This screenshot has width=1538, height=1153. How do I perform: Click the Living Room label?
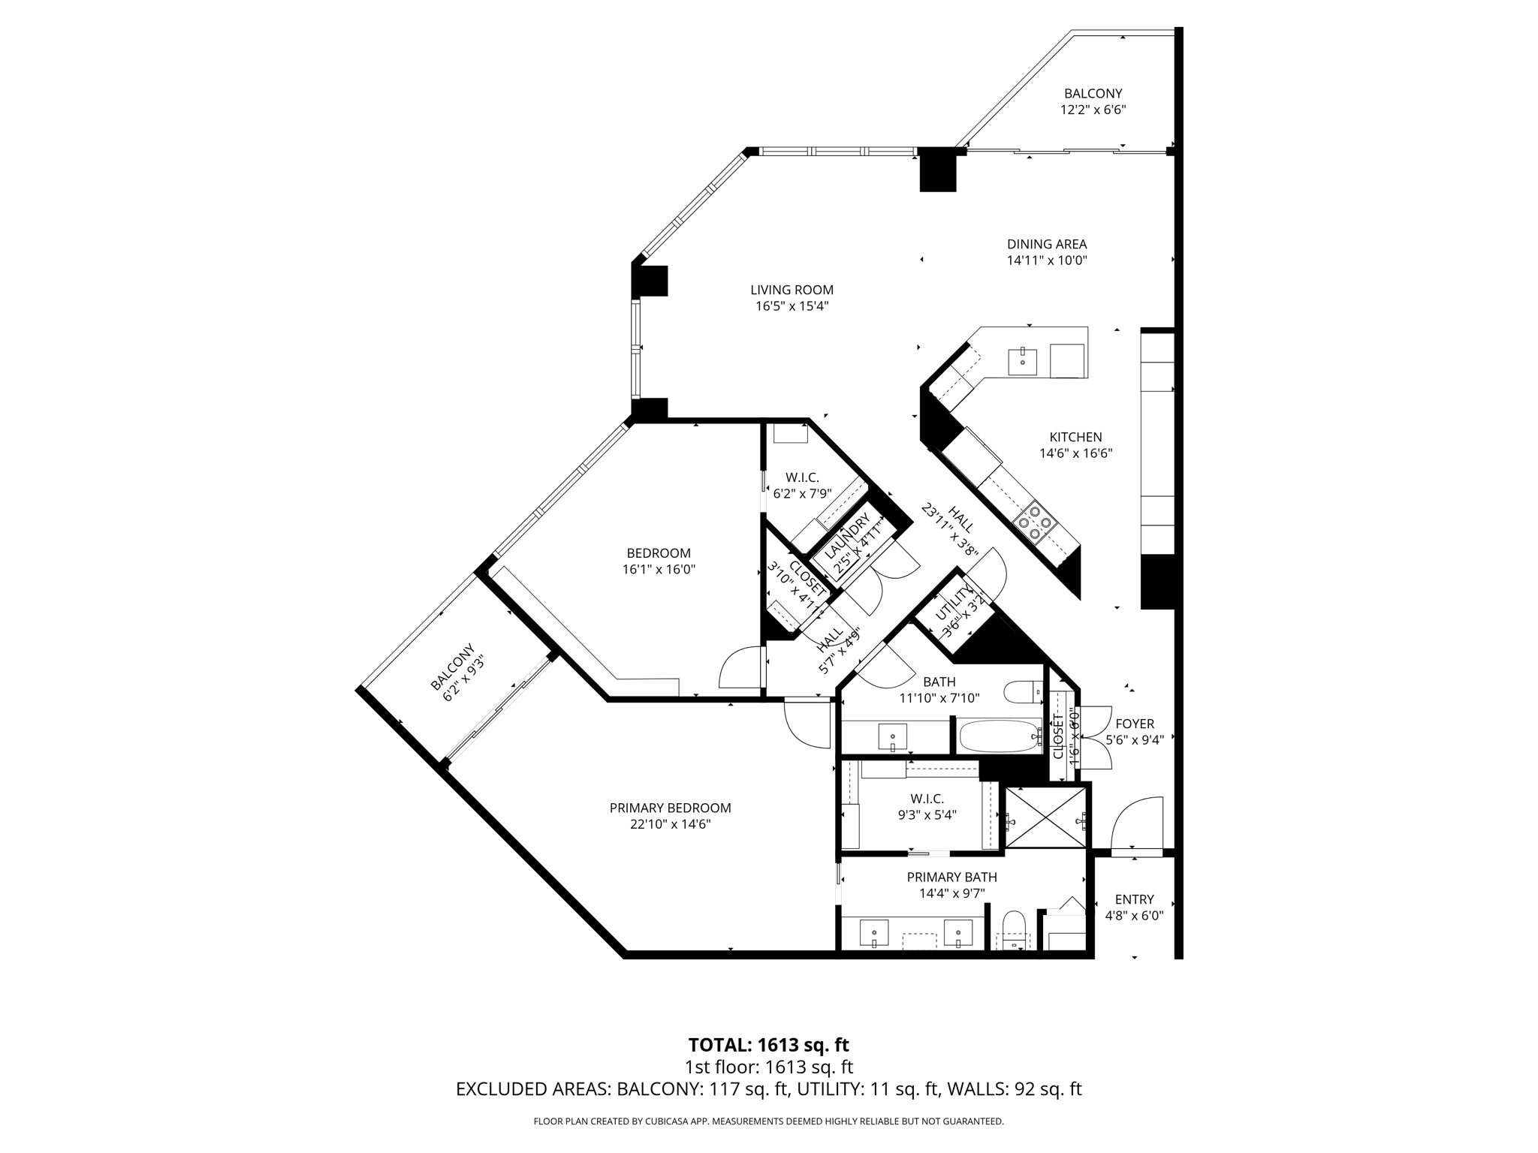pyautogui.click(x=792, y=290)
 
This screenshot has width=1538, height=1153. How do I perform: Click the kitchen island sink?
pyautogui.click(x=1022, y=361)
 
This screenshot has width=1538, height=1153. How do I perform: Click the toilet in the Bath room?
pyautogui.click(x=1023, y=691)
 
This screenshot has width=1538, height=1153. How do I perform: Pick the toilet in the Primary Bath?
pyautogui.click(x=1014, y=930)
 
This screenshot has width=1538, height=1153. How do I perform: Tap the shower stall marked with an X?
pyautogui.click(x=1045, y=817)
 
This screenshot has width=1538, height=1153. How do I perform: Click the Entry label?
pyautogui.click(x=1134, y=899)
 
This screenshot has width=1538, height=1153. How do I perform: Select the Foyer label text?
pyautogui.click(x=1134, y=724)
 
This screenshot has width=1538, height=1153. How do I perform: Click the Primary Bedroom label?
pyautogui.click(x=670, y=808)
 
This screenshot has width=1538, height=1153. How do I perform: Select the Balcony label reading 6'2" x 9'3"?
pyautogui.click(x=459, y=672)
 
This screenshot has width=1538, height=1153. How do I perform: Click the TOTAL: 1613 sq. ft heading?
pyautogui.click(x=768, y=1045)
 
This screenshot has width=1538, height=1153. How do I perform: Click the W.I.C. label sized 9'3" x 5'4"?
pyautogui.click(x=927, y=799)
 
